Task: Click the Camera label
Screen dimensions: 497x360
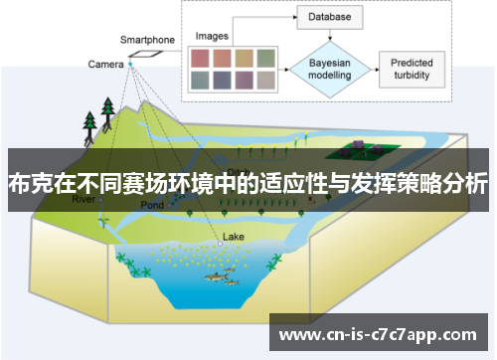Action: coord(105,65)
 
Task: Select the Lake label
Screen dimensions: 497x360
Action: coord(233,237)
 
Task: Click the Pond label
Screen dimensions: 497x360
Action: coord(151,205)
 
